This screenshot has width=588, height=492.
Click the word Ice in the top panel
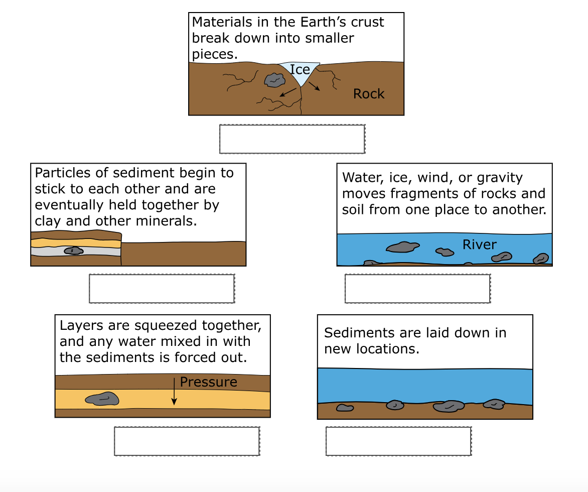(x=300, y=70)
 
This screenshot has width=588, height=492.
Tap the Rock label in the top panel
(x=369, y=94)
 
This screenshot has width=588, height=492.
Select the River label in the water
(x=480, y=244)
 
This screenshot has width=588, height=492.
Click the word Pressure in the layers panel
(x=208, y=382)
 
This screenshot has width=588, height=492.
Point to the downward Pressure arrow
(x=174, y=392)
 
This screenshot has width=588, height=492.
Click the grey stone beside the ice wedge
(x=273, y=79)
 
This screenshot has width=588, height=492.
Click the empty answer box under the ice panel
(x=292, y=139)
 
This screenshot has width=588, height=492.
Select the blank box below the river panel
(x=417, y=289)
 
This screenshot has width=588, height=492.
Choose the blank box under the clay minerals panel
(x=162, y=289)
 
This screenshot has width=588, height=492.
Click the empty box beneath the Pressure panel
(x=187, y=441)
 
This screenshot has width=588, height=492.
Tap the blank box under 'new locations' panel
(x=398, y=441)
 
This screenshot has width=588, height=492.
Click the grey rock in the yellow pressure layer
(x=102, y=399)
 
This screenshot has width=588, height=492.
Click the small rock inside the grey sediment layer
(x=74, y=251)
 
